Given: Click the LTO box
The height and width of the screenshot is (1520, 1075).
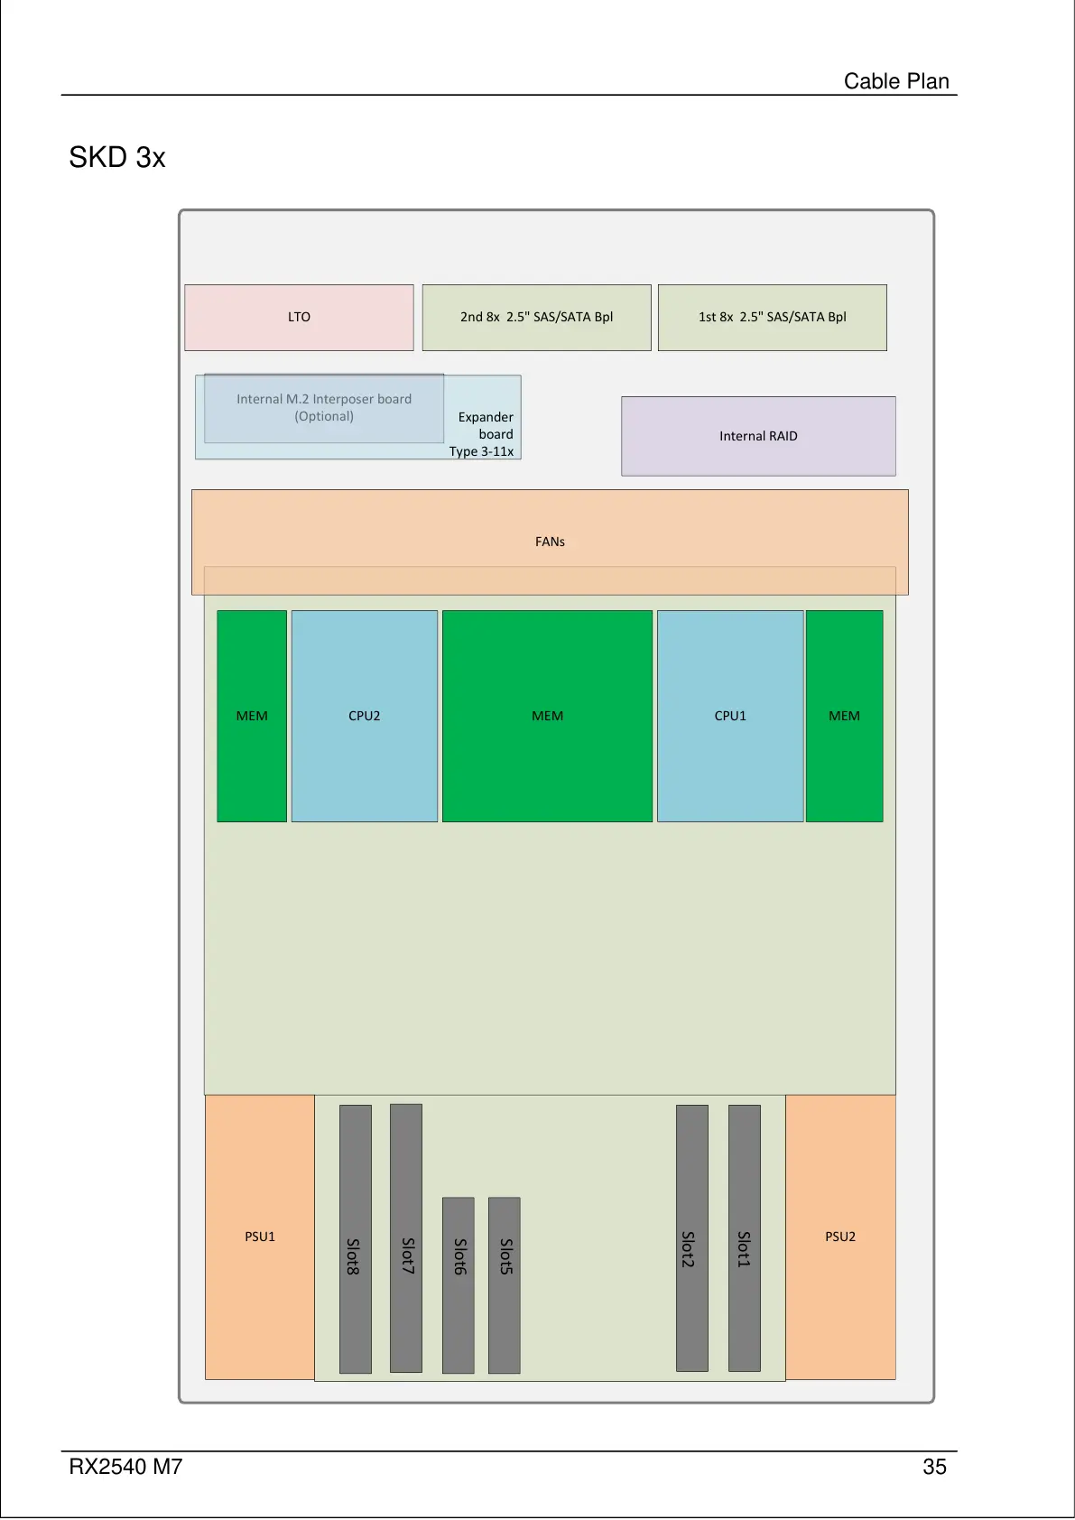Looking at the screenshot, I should pyautogui.click(x=299, y=318).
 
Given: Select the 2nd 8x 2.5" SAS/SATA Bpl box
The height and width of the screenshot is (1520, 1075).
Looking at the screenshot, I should pyautogui.click(x=536, y=318).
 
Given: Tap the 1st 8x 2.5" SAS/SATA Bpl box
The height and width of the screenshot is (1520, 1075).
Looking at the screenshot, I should pyautogui.click(x=772, y=318).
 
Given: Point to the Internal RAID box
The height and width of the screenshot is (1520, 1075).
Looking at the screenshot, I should pyautogui.click(x=758, y=436).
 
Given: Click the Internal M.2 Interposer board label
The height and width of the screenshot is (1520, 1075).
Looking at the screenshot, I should pyautogui.click(x=324, y=408).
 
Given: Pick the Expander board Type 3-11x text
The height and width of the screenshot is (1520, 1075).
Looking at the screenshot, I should pyautogui.click(x=485, y=434).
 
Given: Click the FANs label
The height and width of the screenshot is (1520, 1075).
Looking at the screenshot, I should pyautogui.click(x=550, y=542).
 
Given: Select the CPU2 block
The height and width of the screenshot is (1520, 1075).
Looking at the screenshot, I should pyautogui.click(x=364, y=716).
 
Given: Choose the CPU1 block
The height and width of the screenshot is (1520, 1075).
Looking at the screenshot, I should pyautogui.click(x=729, y=716).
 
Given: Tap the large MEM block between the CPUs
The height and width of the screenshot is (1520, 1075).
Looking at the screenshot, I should pyautogui.click(x=547, y=716).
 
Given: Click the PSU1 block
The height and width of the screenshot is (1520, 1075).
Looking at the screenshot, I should pyautogui.click(x=260, y=1237).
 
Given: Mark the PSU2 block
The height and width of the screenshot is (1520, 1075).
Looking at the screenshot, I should pyautogui.click(x=840, y=1237).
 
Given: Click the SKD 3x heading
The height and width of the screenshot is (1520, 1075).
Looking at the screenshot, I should pyautogui.click(x=117, y=158).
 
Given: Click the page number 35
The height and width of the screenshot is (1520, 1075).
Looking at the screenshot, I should pyautogui.click(x=934, y=1467).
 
